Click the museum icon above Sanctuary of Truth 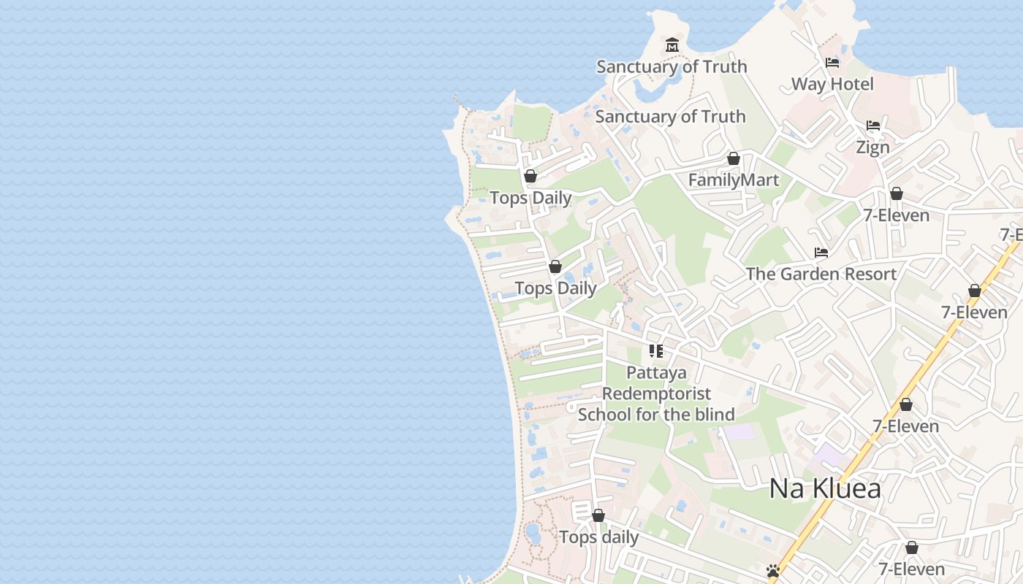(672, 45)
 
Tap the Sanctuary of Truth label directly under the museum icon (672, 66)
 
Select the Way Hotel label (832, 84)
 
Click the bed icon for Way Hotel (832, 63)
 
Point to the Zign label (872, 147)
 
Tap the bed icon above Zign (873, 126)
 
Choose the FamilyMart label (734, 180)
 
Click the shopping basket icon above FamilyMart (734, 158)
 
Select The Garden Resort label (821, 274)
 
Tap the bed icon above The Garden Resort (821, 253)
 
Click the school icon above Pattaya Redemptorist (656, 351)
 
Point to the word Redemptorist (656, 393)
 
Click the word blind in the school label (713, 415)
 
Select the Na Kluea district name (825, 488)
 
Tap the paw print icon (773, 571)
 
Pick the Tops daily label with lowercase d (598, 537)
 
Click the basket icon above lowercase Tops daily (598, 516)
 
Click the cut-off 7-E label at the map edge (1011, 234)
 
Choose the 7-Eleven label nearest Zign (896, 215)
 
